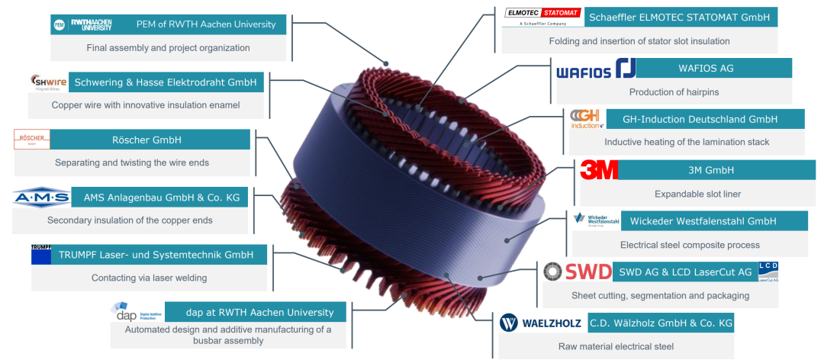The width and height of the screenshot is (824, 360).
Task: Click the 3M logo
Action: point(599,170)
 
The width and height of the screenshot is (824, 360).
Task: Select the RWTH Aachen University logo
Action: point(91,24)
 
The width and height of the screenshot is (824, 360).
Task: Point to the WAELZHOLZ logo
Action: point(541,323)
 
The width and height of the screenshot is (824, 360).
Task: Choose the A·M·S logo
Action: point(41,198)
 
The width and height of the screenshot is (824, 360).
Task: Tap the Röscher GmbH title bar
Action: point(150,140)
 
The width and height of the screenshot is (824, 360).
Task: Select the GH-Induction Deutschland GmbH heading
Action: point(700,119)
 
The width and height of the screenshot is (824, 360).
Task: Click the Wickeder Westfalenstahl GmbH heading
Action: point(703,221)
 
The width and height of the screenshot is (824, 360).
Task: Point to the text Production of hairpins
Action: point(674,92)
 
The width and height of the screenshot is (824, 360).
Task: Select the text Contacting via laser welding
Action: point(149,278)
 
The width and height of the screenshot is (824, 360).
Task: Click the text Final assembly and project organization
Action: point(168,47)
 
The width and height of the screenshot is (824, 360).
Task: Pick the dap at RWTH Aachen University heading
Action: point(259,312)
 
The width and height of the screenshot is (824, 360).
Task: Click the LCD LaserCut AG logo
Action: point(768,272)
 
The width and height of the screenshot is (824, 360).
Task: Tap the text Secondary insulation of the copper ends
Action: point(130,220)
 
